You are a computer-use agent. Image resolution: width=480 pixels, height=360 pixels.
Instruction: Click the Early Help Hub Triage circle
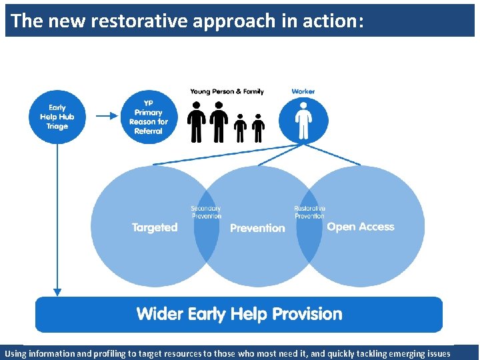57,117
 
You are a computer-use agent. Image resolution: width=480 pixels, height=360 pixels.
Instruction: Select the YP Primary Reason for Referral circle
149,117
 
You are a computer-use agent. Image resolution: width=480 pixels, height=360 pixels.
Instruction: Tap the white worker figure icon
303,119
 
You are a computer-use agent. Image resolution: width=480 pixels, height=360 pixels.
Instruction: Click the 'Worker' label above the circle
303,91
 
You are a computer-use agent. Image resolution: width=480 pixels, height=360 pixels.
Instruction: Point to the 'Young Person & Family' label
227,91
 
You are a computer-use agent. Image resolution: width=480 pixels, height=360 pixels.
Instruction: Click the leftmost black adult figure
197,122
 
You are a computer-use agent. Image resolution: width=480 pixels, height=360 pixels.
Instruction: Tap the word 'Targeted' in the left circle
155,227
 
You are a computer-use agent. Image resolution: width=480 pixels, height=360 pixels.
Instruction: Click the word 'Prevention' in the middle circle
257,228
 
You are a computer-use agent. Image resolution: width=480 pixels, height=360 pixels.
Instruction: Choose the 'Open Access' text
361,227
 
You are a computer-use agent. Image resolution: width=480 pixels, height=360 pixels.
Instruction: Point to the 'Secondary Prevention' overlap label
206,212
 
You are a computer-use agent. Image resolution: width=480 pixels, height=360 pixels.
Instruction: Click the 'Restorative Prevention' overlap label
309,212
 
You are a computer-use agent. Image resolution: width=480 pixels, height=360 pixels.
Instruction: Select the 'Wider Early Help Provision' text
239,314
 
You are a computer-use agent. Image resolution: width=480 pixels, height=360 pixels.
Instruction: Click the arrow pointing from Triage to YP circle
107,116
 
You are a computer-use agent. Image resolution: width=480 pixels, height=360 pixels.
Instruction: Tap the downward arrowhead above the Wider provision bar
57,291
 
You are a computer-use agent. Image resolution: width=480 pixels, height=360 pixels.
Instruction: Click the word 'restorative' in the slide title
139,21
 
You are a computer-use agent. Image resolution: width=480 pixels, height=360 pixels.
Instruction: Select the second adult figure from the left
219,122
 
